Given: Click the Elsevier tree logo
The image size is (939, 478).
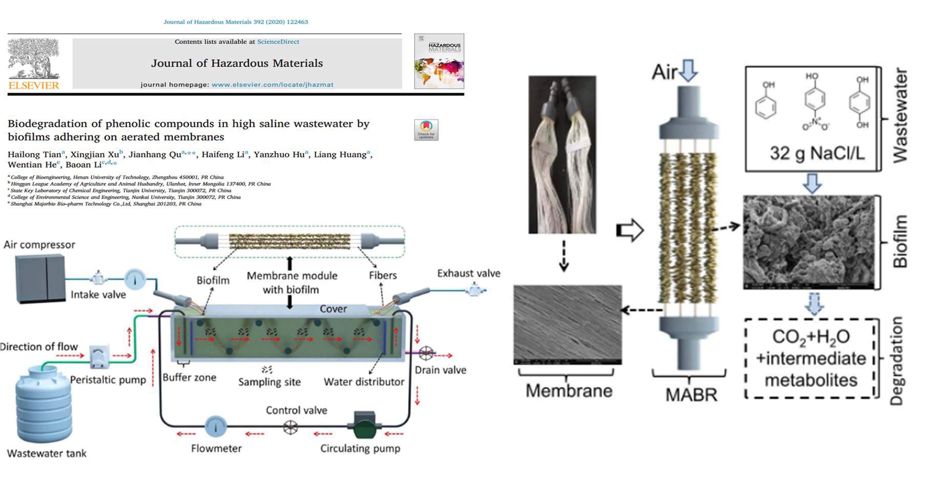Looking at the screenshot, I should pos(34,59).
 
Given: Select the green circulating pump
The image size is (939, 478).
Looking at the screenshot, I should pos(364,425).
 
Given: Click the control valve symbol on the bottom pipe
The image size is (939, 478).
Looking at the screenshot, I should pos(290,427).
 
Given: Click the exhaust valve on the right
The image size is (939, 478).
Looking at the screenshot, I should pos(474,290).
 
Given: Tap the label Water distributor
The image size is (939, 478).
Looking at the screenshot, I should pos(364,382).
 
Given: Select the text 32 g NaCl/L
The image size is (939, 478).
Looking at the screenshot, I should pos(817,153).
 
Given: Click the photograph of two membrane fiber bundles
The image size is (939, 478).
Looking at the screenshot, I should pos(562,154).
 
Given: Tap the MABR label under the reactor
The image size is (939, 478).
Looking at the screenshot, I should pos(691,395).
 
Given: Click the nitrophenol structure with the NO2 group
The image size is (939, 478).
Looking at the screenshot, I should pos(815,102).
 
